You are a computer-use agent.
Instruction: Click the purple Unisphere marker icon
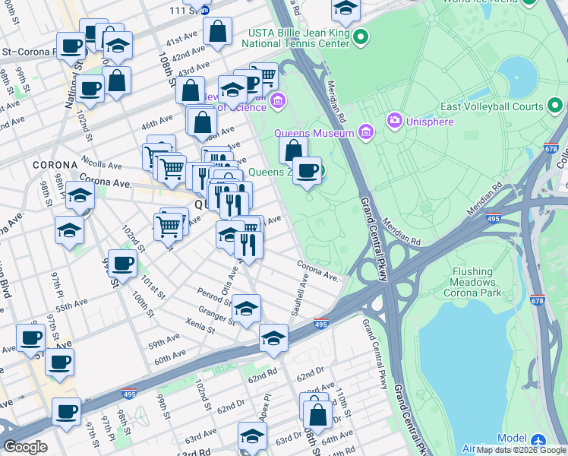pyautogui.click(x=394, y=121)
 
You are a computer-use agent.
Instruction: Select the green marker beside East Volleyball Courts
pyautogui.click(x=556, y=107)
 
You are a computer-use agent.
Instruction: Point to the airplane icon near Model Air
pyautogui.click(x=538, y=440)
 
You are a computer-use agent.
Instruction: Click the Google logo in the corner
pyautogui.click(x=25, y=447)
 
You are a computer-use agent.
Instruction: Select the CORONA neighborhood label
pyautogui.click(x=55, y=165)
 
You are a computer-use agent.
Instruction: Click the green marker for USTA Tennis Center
pyautogui.click(x=361, y=36)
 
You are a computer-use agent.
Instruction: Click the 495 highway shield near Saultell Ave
pyautogui.click(x=321, y=325)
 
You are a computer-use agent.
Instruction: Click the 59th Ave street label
pyautogui.click(x=164, y=340)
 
